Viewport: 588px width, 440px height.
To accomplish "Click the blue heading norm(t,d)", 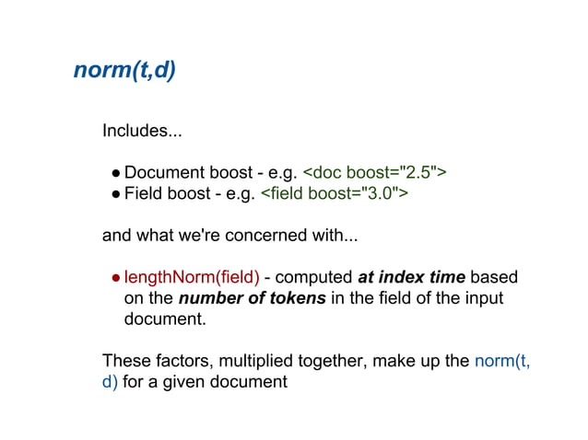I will pyautogui.click(x=124, y=71).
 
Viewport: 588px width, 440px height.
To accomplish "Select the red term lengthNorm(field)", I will pyautogui.click(x=192, y=277).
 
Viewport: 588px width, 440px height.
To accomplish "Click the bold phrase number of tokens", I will pyautogui.click(x=252, y=298).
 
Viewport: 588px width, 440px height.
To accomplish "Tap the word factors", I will pyautogui.click(x=182, y=360).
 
